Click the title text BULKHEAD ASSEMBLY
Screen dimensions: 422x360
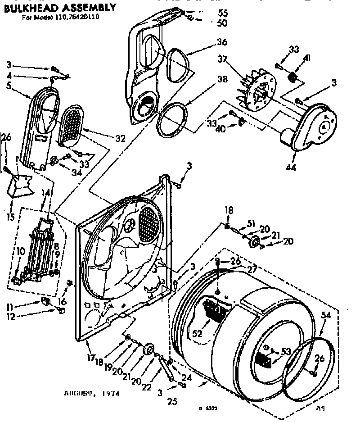coord(60,8)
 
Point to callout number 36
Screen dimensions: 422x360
coord(222,42)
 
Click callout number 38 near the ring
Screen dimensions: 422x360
coord(222,77)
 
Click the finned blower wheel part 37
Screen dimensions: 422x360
coord(256,92)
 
